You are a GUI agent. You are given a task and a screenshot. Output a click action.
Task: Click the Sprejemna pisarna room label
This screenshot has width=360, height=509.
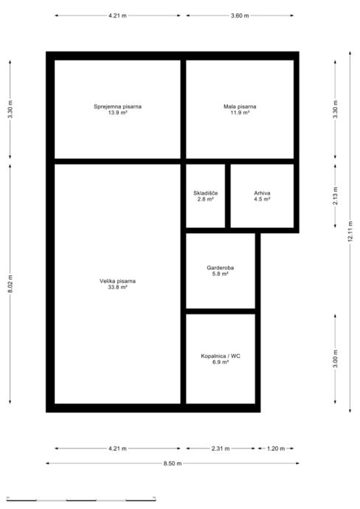[x=117, y=106]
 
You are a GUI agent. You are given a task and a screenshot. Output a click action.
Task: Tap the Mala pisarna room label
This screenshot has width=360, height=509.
[x=240, y=106]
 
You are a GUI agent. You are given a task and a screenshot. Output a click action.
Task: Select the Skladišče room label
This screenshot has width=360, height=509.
[x=206, y=193]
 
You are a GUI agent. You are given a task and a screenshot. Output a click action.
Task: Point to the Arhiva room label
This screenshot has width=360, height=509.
[x=262, y=193]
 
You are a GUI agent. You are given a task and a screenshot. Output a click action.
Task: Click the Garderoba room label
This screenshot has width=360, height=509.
[x=221, y=268]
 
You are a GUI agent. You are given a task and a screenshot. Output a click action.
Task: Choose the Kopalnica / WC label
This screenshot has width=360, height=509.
[x=221, y=356]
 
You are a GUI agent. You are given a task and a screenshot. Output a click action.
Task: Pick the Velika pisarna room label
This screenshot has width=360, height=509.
[x=117, y=281]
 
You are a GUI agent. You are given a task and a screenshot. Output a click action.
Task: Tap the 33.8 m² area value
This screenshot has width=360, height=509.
[x=117, y=287]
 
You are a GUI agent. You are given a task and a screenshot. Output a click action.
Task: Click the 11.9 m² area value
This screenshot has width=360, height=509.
[x=240, y=113]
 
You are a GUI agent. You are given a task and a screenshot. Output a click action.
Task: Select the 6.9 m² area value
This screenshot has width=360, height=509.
[x=221, y=362]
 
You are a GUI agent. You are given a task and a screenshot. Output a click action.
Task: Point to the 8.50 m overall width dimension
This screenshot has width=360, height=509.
[x=173, y=463]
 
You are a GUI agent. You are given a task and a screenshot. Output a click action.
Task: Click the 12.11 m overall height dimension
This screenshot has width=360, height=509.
[x=350, y=232]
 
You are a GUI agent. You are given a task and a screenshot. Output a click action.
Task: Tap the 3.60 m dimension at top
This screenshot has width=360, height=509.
[x=240, y=15]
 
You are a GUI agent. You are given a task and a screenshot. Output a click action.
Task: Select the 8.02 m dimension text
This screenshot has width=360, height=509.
[x=10, y=284]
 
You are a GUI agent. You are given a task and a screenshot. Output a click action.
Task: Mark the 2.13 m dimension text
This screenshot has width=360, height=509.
[x=336, y=195]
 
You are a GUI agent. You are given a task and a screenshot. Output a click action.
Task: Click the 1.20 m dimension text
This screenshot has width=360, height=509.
[x=276, y=449]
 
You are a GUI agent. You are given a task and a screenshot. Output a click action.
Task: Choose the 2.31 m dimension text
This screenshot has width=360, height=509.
[x=221, y=449]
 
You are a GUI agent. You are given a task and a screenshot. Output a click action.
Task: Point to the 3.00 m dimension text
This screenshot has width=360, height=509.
[x=336, y=359]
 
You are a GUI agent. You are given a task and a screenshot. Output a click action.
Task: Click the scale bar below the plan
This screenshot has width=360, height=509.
[x=81, y=499]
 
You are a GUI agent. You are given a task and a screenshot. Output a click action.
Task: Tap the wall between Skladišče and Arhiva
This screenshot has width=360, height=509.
[x=228, y=196]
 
